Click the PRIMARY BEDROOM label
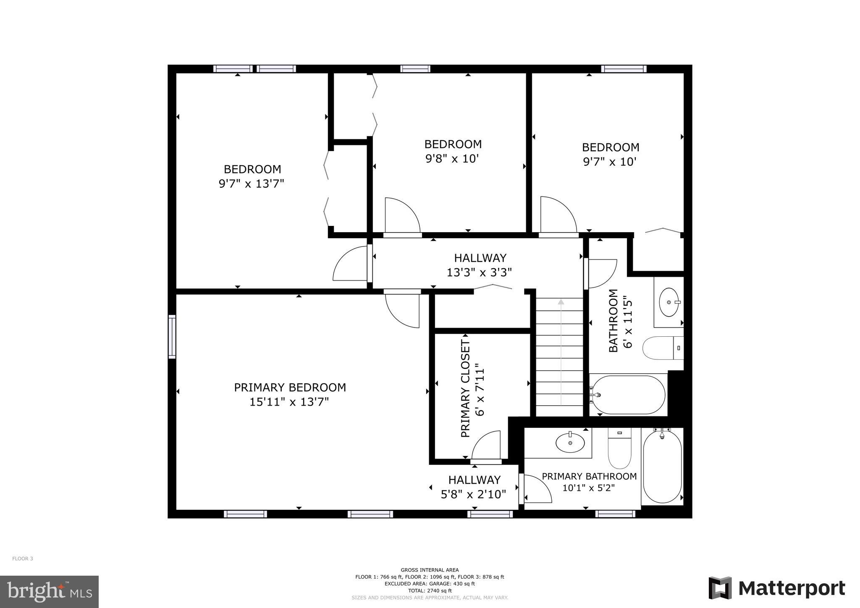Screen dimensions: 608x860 290,387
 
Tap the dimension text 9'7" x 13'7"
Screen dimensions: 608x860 252,184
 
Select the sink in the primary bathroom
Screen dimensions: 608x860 570,443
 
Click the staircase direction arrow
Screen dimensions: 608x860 561,302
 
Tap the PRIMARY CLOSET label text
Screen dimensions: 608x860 465,389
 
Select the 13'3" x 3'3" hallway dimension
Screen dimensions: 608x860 479,273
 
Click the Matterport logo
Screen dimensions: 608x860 777,588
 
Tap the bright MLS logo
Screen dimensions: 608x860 49,592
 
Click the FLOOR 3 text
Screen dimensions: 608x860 23,558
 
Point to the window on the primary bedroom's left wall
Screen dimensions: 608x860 172,336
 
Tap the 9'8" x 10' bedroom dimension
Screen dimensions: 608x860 452,159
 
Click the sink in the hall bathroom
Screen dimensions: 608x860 669,302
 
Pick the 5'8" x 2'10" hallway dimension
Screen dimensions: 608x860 473,495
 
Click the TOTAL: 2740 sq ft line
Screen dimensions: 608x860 430,590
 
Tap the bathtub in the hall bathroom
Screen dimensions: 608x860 628,395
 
